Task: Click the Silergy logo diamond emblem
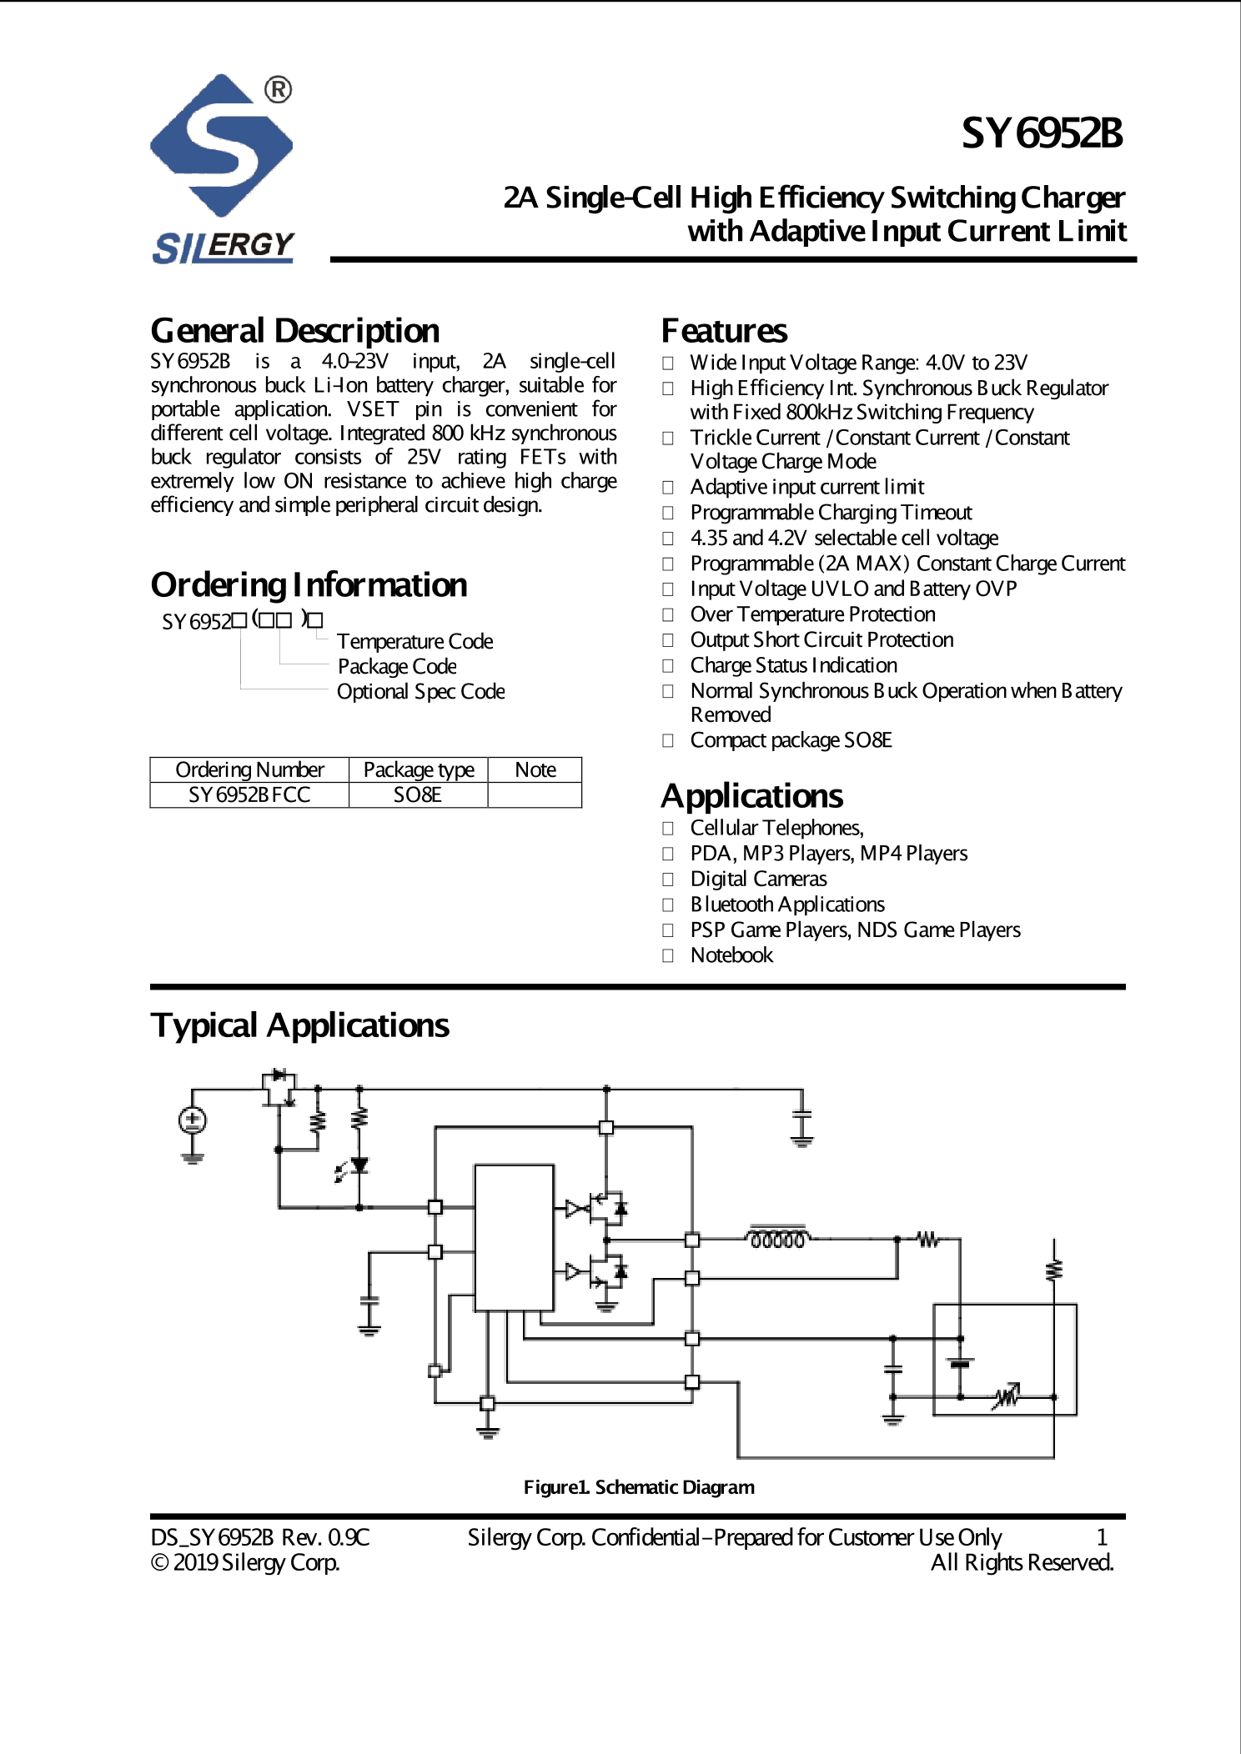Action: tap(221, 146)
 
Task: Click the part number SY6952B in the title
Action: tap(1042, 133)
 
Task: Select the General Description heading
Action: tap(294, 331)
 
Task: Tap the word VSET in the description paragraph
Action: tap(373, 409)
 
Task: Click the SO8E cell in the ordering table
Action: tap(417, 794)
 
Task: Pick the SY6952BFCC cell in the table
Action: tap(249, 794)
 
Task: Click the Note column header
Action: tap(535, 769)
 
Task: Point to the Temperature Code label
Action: tap(415, 641)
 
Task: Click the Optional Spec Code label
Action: tap(420, 692)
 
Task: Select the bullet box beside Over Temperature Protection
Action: tap(668, 615)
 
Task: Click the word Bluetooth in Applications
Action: tap(731, 905)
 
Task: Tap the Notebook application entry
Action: tap(731, 955)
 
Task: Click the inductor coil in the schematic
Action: tap(777, 1240)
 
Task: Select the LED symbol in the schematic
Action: tap(359, 1165)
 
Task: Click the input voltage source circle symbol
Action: tap(193, 1120)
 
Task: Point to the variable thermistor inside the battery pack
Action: tap(1006, 1396)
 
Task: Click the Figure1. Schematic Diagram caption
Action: tap(639, 1487)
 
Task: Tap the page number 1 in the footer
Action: tap(1101, 1536)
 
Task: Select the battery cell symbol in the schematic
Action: tap(961, 1363)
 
